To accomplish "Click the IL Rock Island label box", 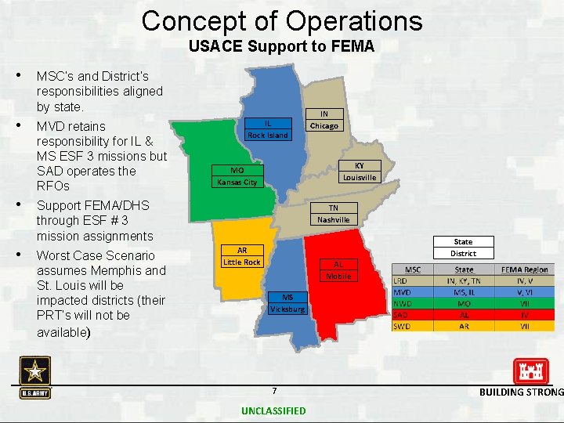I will pos(268,129).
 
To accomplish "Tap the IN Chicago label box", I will pos(324,120).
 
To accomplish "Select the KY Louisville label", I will pos(360,172).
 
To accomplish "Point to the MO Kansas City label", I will pos(237,176).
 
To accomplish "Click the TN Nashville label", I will pos(333,214).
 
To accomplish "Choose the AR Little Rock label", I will pos(241,256).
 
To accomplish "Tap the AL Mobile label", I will pos(338,270).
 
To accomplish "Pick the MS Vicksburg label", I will pos(287,303).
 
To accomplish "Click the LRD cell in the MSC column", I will pos(400,280).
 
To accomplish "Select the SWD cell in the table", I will pos(401,325).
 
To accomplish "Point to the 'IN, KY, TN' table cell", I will pos(464,280).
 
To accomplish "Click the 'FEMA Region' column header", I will pos(524,269).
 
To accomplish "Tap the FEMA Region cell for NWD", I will pos(524,302).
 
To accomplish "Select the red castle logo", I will pos(530,371).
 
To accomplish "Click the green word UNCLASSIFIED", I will pos(273,410).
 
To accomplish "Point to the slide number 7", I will pos(273,391).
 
